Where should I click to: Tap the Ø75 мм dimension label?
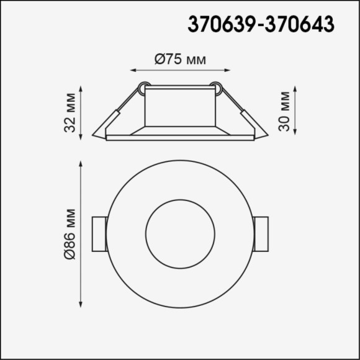coord(179,60)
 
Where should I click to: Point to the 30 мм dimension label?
coord(284,111)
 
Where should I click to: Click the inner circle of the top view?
coord(180,234)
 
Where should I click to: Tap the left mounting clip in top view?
coord(99,235)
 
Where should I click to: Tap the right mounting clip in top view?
coord(261,235)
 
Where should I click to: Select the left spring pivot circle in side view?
coord(143,88)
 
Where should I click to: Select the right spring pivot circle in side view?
coord(216,88)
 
